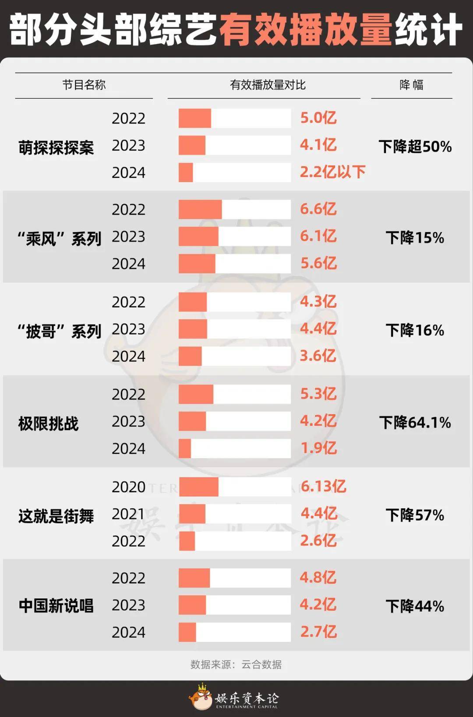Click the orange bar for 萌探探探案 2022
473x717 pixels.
pos(195,118)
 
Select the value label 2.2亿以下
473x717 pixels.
pos(332,172)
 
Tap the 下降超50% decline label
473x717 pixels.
pos(415,147)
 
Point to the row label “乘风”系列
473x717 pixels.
pos(60,239)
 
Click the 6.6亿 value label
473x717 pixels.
pos(318,209)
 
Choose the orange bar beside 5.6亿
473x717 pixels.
pos(197,263)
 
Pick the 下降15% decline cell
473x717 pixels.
pos(415,238)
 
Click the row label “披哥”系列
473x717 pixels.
pos(60,331)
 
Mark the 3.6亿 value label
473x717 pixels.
pos(318,356)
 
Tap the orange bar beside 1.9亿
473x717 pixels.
pos(185,448)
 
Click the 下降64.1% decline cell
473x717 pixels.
pos(415,423)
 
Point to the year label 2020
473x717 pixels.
pos(129,487)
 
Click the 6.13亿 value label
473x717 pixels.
pos(323,486)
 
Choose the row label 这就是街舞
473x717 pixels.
pos(56,516)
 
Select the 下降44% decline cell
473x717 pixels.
pos(415,606)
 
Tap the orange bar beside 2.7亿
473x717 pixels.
pos(187,632)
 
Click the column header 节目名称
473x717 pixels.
pos(84,85)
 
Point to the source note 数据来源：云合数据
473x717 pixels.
pos(236,664)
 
